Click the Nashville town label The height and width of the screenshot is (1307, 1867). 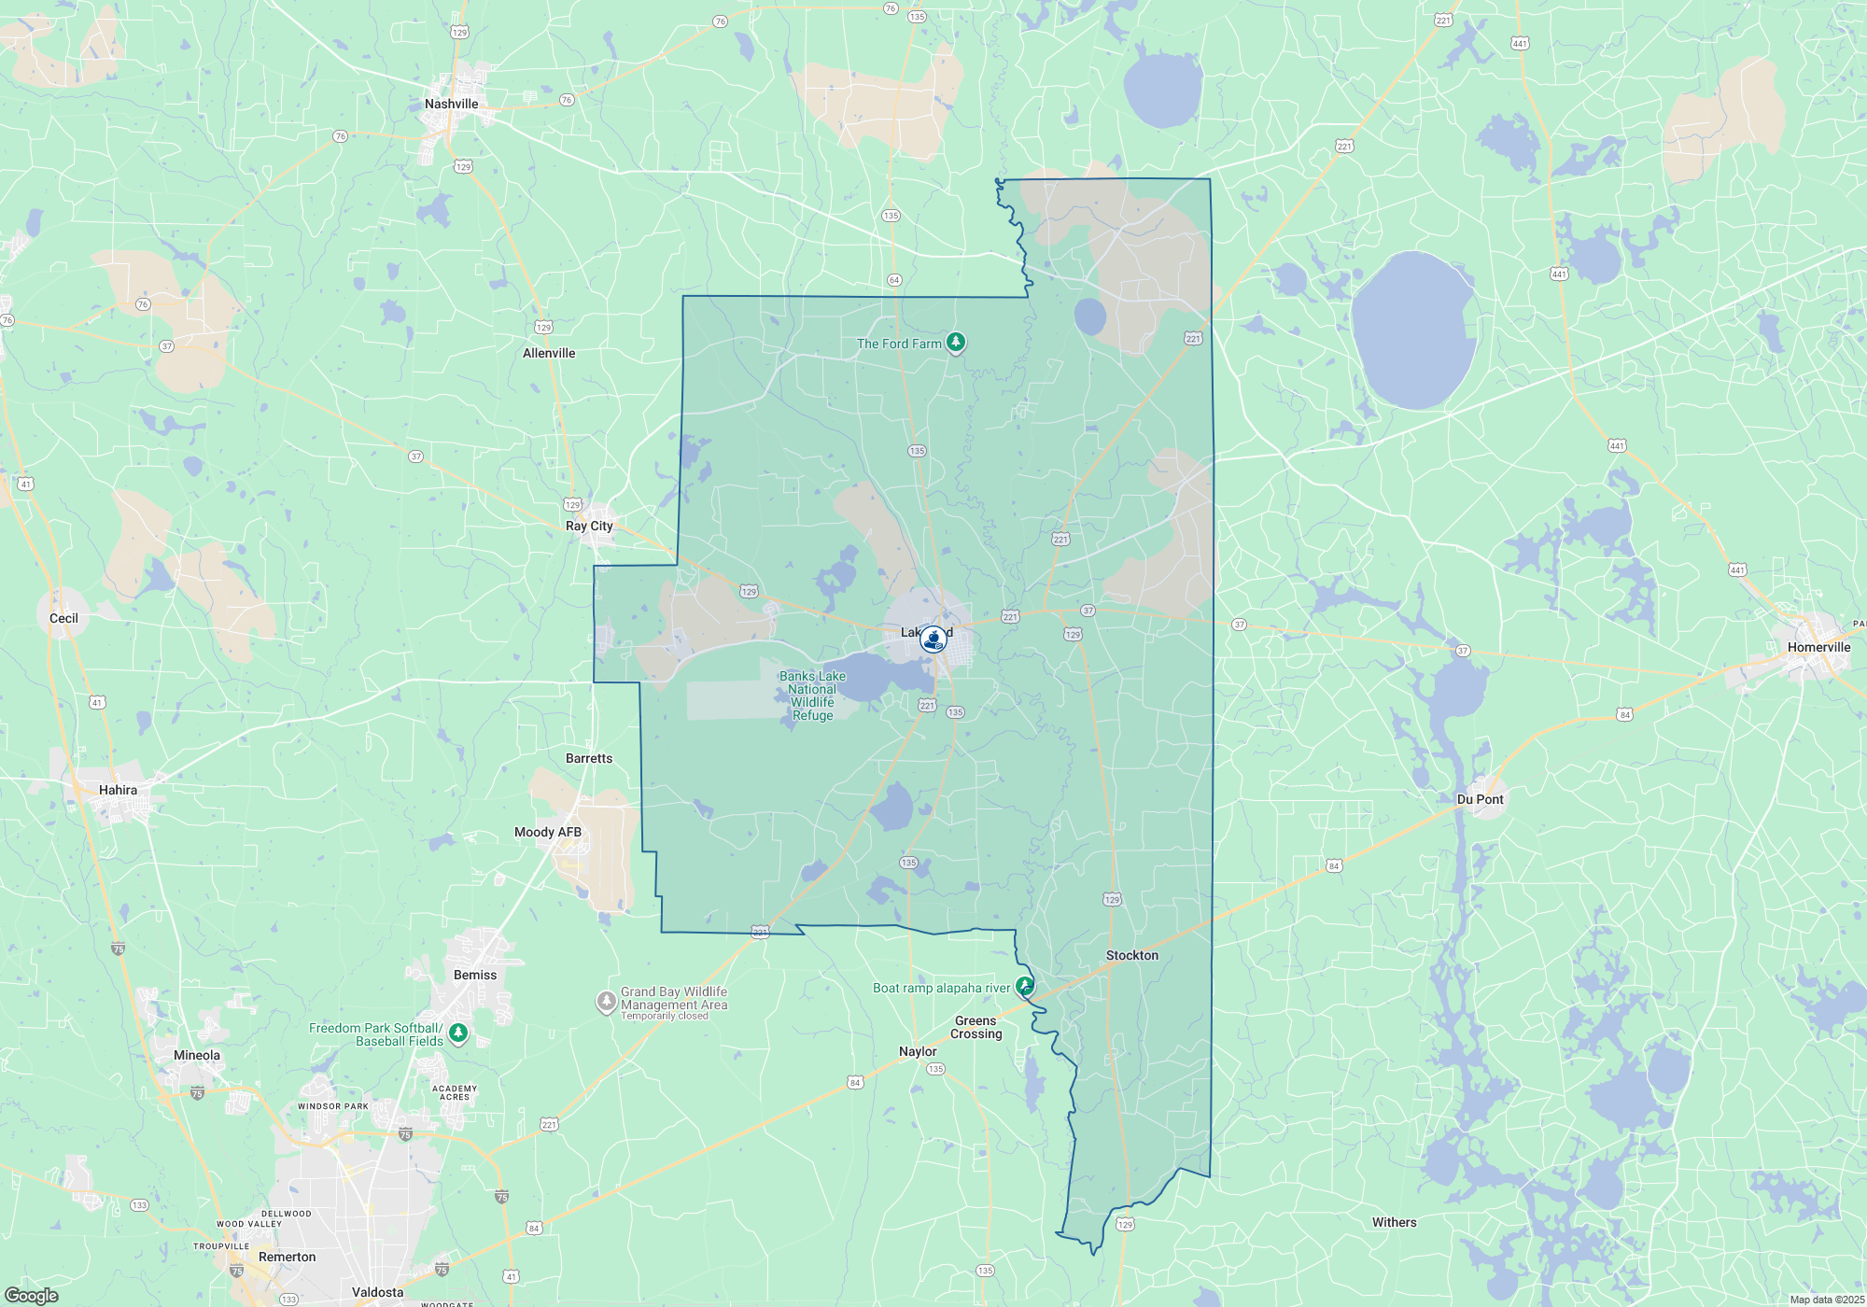(x=451, y=104)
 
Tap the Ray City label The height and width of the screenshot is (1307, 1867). (x=589, y=526)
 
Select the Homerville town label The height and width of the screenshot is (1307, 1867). (x=1818, y=647)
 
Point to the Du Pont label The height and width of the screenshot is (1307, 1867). (x=1481, y=799)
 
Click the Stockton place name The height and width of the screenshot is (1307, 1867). (x=1131, y=955)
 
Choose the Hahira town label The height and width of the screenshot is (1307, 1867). (x=118, y=790)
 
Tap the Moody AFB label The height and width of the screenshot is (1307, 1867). (x=548, y=832)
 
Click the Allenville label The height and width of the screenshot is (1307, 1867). (x=549, y=353)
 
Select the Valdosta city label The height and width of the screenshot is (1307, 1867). (x=377, y=1292)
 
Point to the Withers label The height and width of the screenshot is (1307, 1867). (x=1394, y=1222)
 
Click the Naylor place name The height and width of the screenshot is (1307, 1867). (x=918, y=1051)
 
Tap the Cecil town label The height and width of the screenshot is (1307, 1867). (x=63, y=618)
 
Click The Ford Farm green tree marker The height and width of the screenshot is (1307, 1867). (x=955, y=343)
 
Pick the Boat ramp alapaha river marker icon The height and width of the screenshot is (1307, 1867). (x=1025, y=986)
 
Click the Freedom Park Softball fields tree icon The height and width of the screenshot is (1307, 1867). (x=457, y=1033)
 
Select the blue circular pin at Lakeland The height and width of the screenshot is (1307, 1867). (x=933, y=639)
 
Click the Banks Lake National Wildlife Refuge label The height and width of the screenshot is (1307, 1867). (x=812, y=696)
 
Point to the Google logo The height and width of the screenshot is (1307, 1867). (x=32, y=1296)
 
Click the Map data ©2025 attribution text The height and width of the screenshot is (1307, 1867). (x=1827, y=1300)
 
